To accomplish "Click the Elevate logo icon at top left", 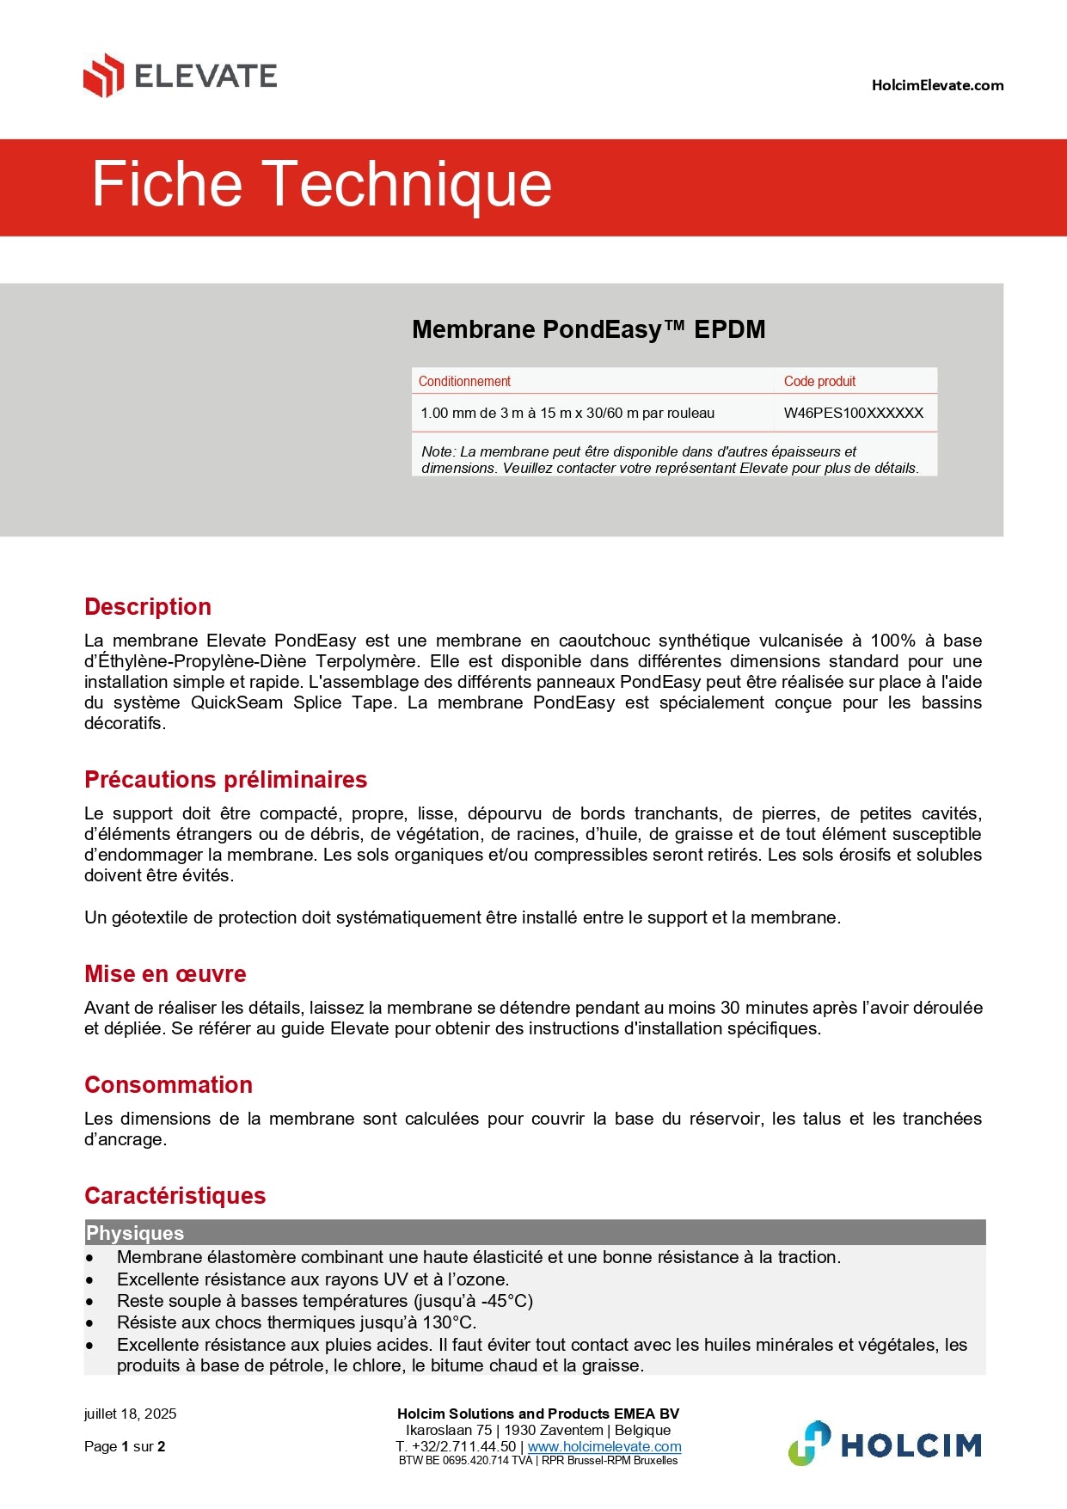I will click(x=103, y=76).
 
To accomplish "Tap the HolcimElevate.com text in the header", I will click(x=937, y=85).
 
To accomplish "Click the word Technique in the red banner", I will click(x=406, y=184).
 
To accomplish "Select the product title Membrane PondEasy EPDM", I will click(x=588, y=329).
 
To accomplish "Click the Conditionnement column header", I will click(x=464, y=381).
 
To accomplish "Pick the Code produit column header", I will click(x=819, y=381).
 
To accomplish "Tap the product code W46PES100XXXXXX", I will click(x=853, y=413).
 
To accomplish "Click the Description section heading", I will click(x=148, y=607).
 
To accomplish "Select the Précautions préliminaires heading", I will click(x=225, y=780).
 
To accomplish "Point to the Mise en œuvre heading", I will click(x=165, y=974).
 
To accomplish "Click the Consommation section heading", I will click(x=169, y=1085).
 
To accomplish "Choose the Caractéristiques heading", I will click(x=175, y=1196).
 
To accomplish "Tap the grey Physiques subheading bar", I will click(x=534, y=1233).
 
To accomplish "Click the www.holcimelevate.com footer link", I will click(x=604, y=1446).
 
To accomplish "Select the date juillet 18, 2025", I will click(x=131, y=1414).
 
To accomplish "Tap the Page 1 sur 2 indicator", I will click(x=125, y=1446).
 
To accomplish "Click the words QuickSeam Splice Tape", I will click(x=293, y=702).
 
